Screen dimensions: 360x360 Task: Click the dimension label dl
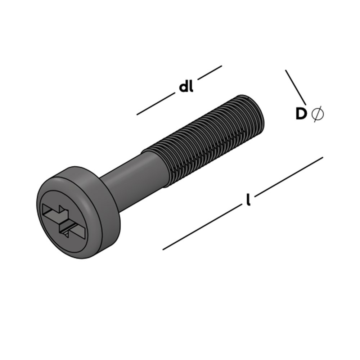[186, 87]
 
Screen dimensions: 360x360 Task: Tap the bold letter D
[301, 114]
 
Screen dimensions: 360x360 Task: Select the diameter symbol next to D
[318, 114]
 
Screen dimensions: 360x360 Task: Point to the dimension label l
[248, 200]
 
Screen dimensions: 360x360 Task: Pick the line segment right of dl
[210, 72]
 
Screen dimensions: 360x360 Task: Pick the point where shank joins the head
[108, 191]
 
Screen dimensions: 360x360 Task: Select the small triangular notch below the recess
[66, 234]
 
